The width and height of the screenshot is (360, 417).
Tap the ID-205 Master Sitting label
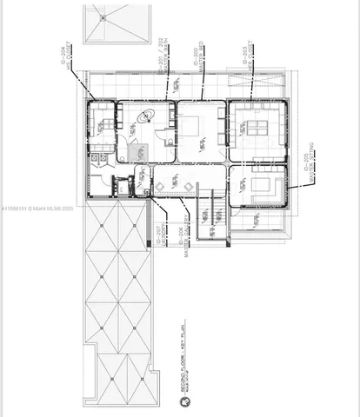pyautogui.click(x=306, y=169)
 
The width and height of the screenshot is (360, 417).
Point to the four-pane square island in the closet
pyautogui.click(x=257, y=129)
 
